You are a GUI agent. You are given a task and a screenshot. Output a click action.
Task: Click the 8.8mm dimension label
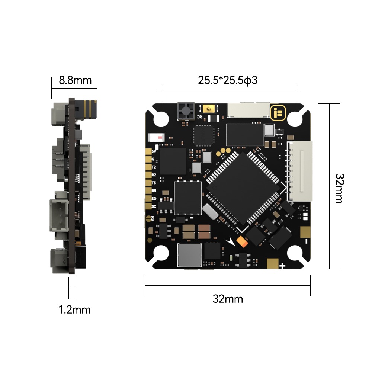pyautogui.click(x=75, y=80)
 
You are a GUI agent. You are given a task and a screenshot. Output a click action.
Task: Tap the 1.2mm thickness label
pyautogui.click(x=74, y=310)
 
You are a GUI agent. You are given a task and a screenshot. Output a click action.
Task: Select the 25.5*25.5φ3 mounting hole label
pyautogui.click(x=228, y=80)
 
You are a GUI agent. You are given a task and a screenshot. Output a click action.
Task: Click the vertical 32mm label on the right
pyautogui.click(x=339, y=188)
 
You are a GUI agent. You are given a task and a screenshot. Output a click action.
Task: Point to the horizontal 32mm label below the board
pyautogui.click(x=228, y=298)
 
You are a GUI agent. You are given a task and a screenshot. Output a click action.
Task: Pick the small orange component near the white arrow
pyautogui.click(x=242, y=242)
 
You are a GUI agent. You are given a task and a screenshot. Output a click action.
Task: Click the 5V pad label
pyautogui.click(x=154, y=151)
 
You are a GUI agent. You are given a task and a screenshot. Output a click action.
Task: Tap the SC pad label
pyautogui.click(x=154, y=206)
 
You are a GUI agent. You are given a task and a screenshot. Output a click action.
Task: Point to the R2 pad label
pyautogui.click(x=154, y=174)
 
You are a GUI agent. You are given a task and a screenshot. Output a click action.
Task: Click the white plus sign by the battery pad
pyautogui.click(x=282, y=266)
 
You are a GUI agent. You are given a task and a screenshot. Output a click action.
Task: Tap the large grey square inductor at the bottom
pyautogui.click(x=190, y=255)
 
